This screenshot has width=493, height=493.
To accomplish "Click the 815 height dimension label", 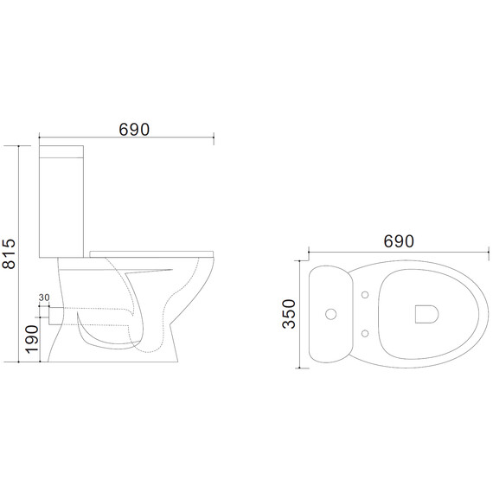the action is pyautogui.click(x=8, y=253).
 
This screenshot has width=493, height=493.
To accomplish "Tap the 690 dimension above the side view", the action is pyautogui.click(x=134, y=129).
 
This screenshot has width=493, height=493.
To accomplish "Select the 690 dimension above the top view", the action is pyautogui.click(x=399, y=241).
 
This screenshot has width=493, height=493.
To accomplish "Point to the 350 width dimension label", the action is pyautogui.click(x=289, y=314).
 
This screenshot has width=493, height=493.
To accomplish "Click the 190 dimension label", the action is pyautogui.click(x=32, y=339).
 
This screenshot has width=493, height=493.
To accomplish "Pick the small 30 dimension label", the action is pyautogui.click(x=44, y=298).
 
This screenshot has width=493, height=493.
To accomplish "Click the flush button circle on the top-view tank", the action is pyautogui.click(x=330, y=314).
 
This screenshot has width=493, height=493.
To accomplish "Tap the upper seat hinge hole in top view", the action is pyautogui.click(x=365, y=295).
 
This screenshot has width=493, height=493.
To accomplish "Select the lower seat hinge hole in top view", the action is pyautogui.click(x=365, y=333).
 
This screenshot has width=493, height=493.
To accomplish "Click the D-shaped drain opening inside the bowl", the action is pyautogui.click(x=426, y=314).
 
